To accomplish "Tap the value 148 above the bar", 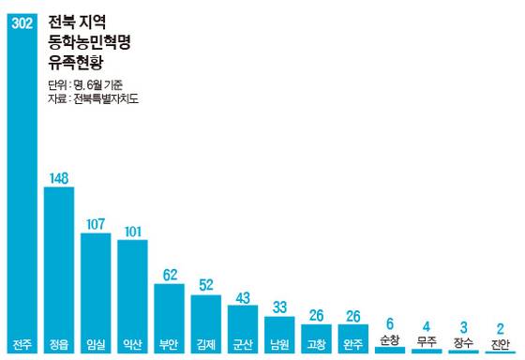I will click(59, 177).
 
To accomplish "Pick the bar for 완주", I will click(352, 332).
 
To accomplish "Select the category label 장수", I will click(462, 341).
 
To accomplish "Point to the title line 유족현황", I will click(78, 62).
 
